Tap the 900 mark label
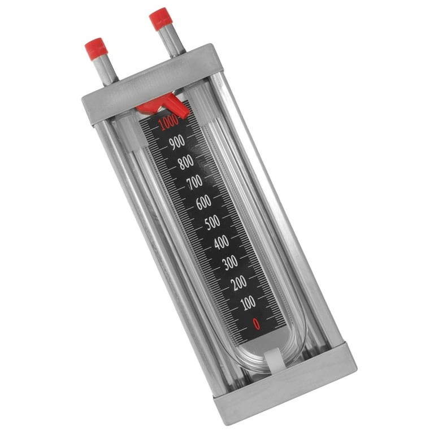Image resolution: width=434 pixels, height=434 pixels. click(177, 142)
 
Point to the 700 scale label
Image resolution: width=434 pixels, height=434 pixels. click(194, 182)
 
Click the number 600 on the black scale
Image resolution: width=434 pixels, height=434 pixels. click(203, 202)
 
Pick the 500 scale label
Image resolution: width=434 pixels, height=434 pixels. click(212, 222)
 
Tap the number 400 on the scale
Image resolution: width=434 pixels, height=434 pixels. click(221, 242)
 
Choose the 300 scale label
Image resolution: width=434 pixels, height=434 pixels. click(230, 262)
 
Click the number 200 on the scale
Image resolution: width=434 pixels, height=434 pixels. click(239, 283)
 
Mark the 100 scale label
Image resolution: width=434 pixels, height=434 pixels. click(248, 302)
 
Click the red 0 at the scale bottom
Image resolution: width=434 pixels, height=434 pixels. click(257, 323)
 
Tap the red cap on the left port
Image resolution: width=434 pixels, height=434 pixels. click(96, 49)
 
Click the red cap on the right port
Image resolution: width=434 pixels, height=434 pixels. click(160, 19)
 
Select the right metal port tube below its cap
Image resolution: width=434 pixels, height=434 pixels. click(171, 41)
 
